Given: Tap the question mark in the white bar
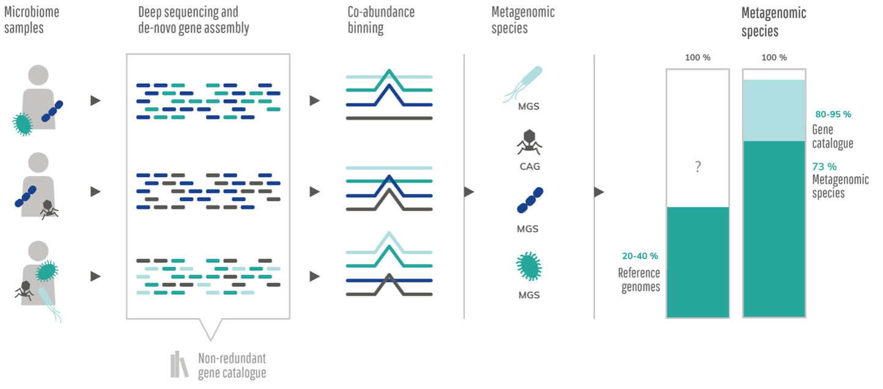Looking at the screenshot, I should (x=698, y=167).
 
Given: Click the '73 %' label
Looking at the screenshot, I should (x=824, y=166).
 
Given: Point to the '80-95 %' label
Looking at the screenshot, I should (x=833, y=114).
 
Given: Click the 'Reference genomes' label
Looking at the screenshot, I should (x=639, y=280).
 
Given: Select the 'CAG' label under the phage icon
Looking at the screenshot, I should (x=529, y=166).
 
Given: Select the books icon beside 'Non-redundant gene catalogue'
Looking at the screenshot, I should (x=179, y=365).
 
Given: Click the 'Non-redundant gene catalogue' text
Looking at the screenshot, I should (x=232, y=366).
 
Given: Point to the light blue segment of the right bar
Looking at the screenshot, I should (x=774, y=110).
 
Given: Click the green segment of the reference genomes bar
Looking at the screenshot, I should (x=698, y=262).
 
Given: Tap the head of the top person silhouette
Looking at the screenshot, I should (x=39, y=75).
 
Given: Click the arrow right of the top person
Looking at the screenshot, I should (x=95, y=101).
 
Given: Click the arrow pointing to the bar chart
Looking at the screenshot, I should (x=599, y=192).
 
